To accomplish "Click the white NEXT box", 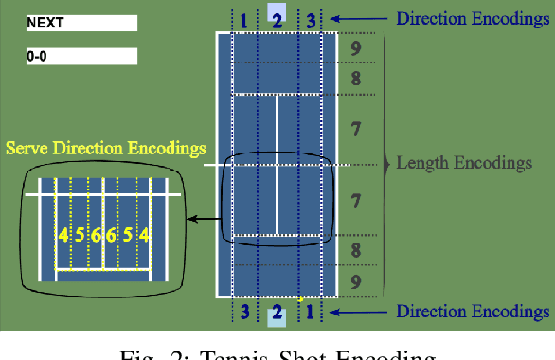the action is pos(81,22).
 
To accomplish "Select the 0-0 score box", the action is pos(81,56).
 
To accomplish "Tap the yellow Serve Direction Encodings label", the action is pos(105,149).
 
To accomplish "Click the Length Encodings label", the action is pos(464,164).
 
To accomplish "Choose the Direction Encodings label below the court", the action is pos(473,312).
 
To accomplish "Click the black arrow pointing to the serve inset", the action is pos(201,218).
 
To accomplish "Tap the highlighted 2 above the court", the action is pos(277,19).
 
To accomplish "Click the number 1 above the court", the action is pos(244,19).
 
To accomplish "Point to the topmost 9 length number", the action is pos(356,47).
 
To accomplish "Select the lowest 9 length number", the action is pos(356,281).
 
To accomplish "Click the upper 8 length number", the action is pos(356,80).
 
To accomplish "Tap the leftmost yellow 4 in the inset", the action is pos(63,236).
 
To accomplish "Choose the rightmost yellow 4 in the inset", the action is pos(144,236).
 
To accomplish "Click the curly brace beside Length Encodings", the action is pos(386,163).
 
